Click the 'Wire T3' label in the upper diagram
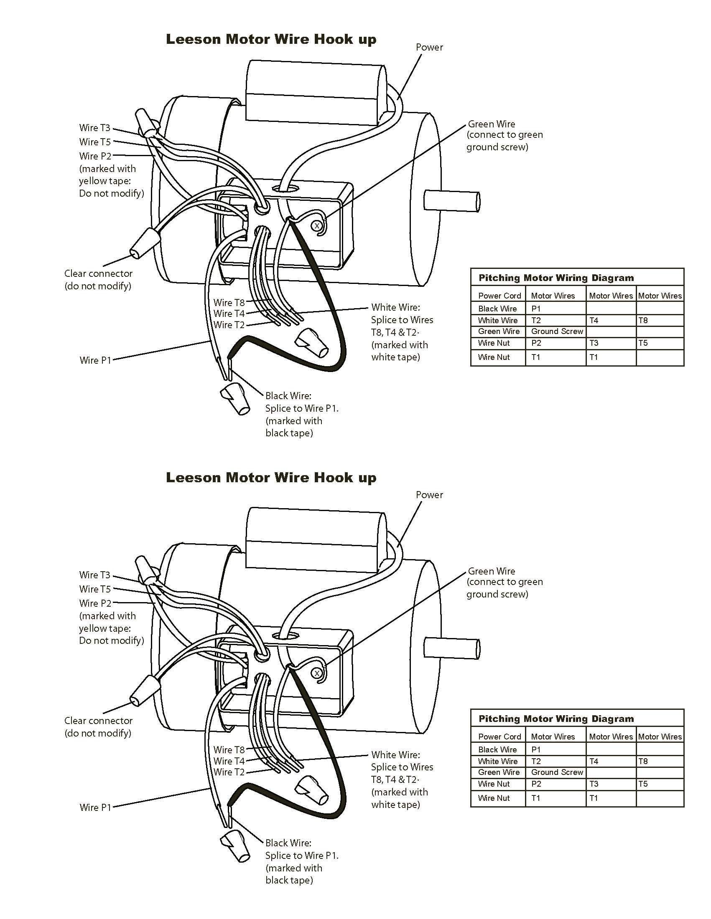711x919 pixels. coord(94,128)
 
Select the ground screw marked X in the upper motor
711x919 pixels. coord(316,226)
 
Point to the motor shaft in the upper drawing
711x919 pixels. coord(451,200)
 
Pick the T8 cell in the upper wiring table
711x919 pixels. coord(643,320)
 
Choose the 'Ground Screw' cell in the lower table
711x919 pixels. coord(556,772)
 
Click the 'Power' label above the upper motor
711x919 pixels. coord(429,47)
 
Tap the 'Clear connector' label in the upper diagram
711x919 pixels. coord(98,273)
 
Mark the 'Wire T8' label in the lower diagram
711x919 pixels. coord(229,750)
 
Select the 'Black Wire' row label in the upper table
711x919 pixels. coord(497,309)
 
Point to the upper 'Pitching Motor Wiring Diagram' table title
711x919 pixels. coord(556,278)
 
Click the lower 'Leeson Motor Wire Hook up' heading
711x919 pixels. coord(271,478)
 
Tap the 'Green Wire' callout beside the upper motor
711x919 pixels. coord(492,124)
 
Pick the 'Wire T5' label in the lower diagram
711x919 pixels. coord(94,589)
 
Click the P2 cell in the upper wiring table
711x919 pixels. coord(536,343)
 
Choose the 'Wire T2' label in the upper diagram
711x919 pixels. coord(229,325)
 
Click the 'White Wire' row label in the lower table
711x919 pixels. coord(497,761)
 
